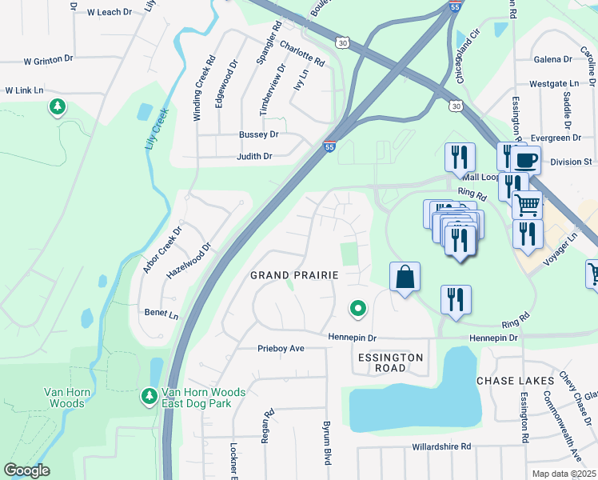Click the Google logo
point(26,470)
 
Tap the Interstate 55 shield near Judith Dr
point(329,147)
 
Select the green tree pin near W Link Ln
point(57,106)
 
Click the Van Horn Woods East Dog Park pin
point(149,395)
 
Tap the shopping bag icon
point(405,278)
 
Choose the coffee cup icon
point(525,159)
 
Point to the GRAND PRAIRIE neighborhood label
point(294,275)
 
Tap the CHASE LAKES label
point(511,381)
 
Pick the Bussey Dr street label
point(257,135)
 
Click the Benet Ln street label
point(161,313)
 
